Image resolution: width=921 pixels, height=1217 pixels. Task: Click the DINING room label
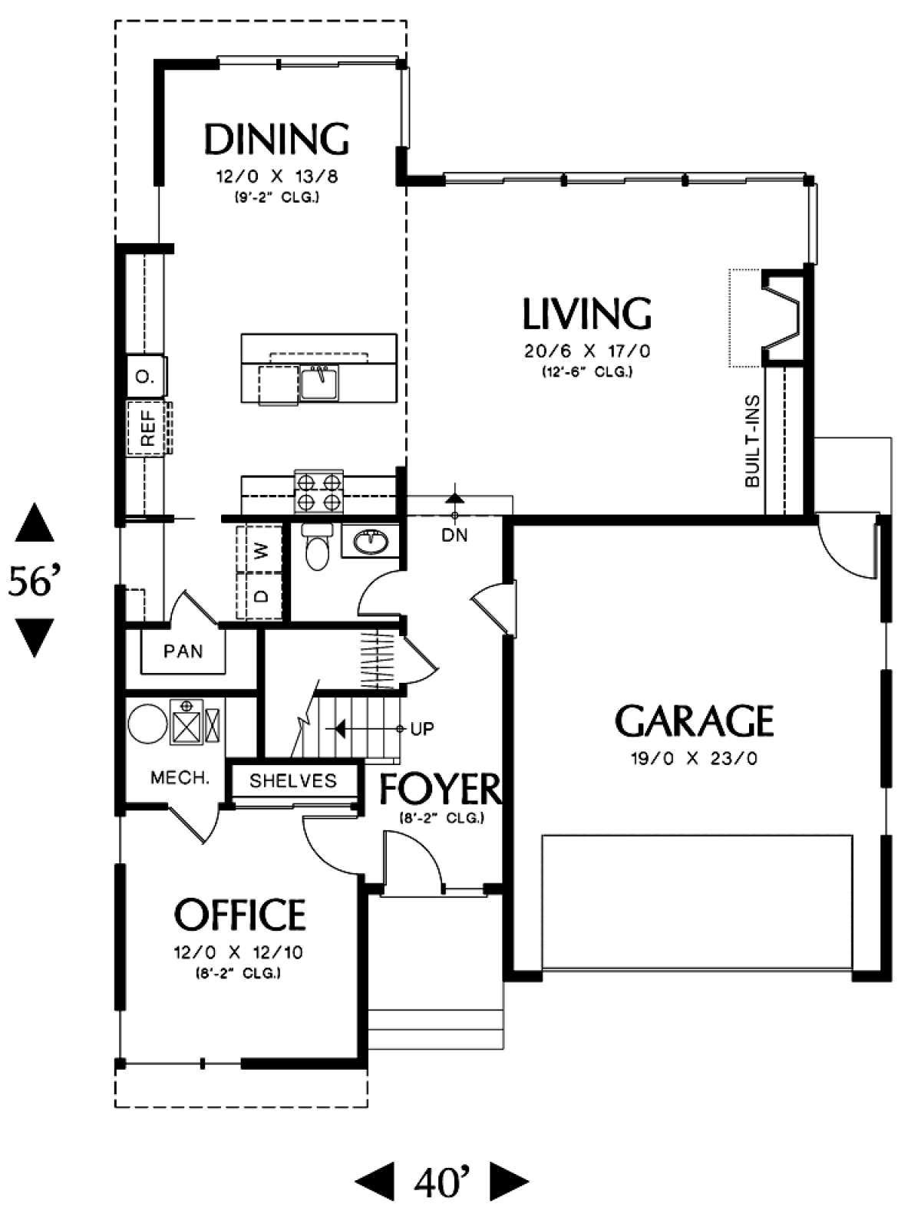(277, 139)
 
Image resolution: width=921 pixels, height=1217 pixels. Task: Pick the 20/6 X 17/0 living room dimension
(586, 351)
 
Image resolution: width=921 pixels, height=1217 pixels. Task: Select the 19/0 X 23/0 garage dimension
(694, 758)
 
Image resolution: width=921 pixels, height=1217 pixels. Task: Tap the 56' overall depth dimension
(35, 581)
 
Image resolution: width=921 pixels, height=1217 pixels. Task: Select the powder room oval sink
(370, 543)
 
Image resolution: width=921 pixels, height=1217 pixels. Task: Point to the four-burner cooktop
(319, 492)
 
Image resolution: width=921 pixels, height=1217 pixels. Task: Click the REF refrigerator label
(147, 429)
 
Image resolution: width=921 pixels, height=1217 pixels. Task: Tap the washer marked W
(259, 549)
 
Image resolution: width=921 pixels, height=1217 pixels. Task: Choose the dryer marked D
(259, 595)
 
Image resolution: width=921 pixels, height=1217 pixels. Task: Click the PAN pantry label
(183, 651)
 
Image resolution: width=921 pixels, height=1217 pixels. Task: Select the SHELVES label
(292, 781)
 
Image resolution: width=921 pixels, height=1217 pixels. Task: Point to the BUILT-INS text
(751, 441)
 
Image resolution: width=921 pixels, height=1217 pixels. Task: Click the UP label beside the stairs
(422, 729)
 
